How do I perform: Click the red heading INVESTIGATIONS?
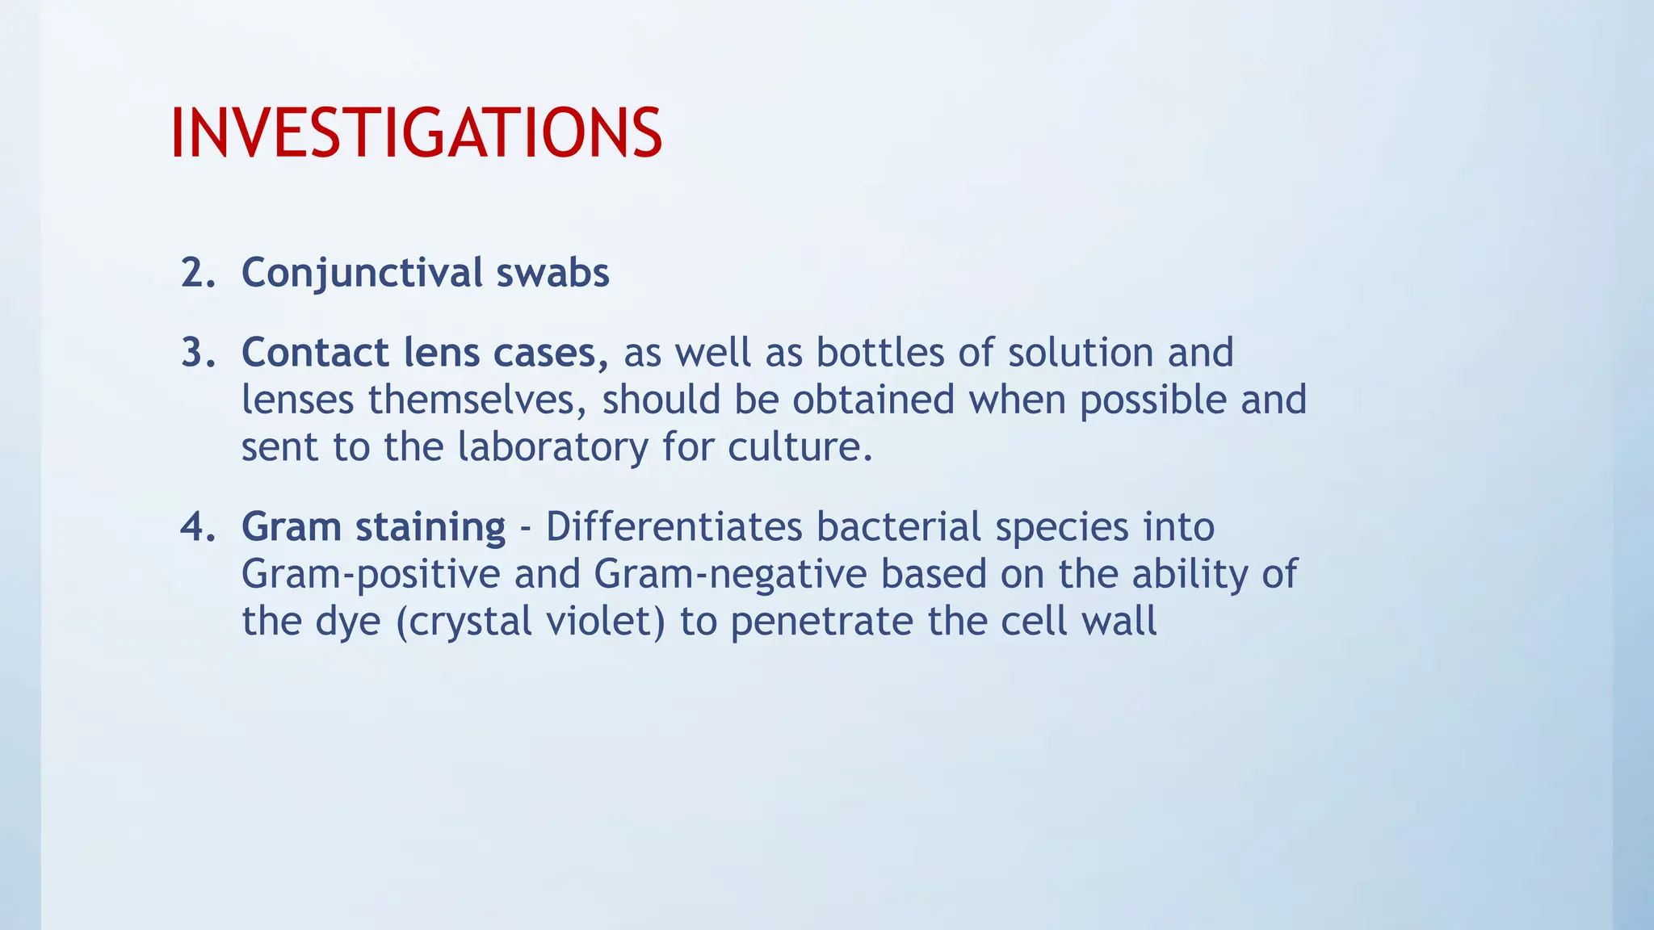click(416, 133)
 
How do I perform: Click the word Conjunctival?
click(362, 273)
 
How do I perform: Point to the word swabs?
click(552, 273)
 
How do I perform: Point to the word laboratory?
click(552, 447)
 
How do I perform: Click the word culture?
click(800, 447)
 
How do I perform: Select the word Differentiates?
click(674, 527)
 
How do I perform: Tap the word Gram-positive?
click(371, 575)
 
